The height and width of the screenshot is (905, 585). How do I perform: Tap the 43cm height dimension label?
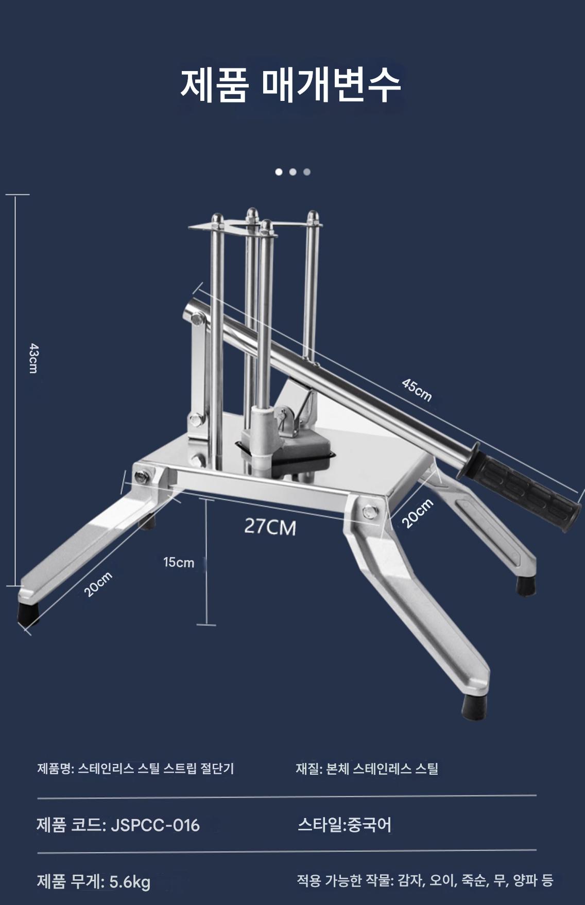click(x=33, y=358)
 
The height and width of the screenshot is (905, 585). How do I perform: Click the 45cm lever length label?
click(x=417, y=390)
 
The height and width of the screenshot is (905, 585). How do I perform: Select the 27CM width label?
click(x=270, y=527)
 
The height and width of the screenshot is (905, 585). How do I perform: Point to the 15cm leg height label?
click(x=179, y=562)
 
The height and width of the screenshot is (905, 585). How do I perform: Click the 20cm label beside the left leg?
click(x=98, y=584)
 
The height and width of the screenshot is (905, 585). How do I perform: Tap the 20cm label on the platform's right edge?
click(x=417, y=513)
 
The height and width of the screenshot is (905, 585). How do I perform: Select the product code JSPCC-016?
click(x=155, y=825)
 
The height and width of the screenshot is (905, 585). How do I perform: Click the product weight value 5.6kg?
click(x=130, y=882)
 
